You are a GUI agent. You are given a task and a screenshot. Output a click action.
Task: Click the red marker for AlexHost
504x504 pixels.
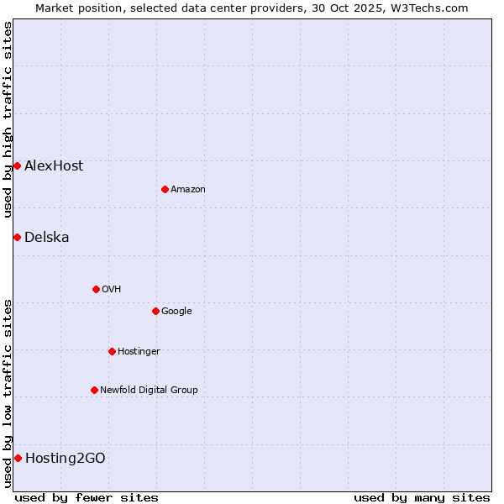(x=17, y=165)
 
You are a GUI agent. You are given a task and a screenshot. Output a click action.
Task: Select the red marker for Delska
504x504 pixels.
(x=17, y=237)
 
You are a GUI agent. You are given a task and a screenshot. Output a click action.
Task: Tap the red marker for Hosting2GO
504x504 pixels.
(x=18, y=458)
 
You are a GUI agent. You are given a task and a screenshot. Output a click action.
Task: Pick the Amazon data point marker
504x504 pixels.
(x=165, y=189)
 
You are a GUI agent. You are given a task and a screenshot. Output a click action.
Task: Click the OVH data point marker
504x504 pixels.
(x=96, y=289)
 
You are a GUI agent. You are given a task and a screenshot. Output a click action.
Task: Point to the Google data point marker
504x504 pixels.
(x=155, y=311)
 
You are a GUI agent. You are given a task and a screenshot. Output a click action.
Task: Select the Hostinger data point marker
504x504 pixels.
(x=112, y=351)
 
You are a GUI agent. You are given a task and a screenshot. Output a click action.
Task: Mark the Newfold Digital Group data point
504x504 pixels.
(x=94, y=390)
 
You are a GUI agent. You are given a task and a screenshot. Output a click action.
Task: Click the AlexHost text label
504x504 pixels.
(x=54, y=165)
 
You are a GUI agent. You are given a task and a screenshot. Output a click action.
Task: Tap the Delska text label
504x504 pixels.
(x=47, y=237)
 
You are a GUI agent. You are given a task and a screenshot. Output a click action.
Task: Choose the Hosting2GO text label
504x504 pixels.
(x=66, y=458)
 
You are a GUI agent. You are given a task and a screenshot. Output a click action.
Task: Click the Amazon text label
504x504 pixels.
(x=188, y=189)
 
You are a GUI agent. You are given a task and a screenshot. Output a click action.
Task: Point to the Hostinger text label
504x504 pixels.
(x=139, y=351)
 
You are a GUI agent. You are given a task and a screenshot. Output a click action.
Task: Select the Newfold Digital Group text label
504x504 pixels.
(x=149, y=390)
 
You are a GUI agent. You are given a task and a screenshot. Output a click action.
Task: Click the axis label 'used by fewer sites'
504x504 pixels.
(x=87, y=497)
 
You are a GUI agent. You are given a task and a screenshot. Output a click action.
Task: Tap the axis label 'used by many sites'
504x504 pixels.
(x=422, y=497)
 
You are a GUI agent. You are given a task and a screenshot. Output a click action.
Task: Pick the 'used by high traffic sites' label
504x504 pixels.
(x=8, y=119)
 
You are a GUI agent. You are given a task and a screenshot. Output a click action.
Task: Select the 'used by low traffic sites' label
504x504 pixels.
(x=8, y=393)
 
